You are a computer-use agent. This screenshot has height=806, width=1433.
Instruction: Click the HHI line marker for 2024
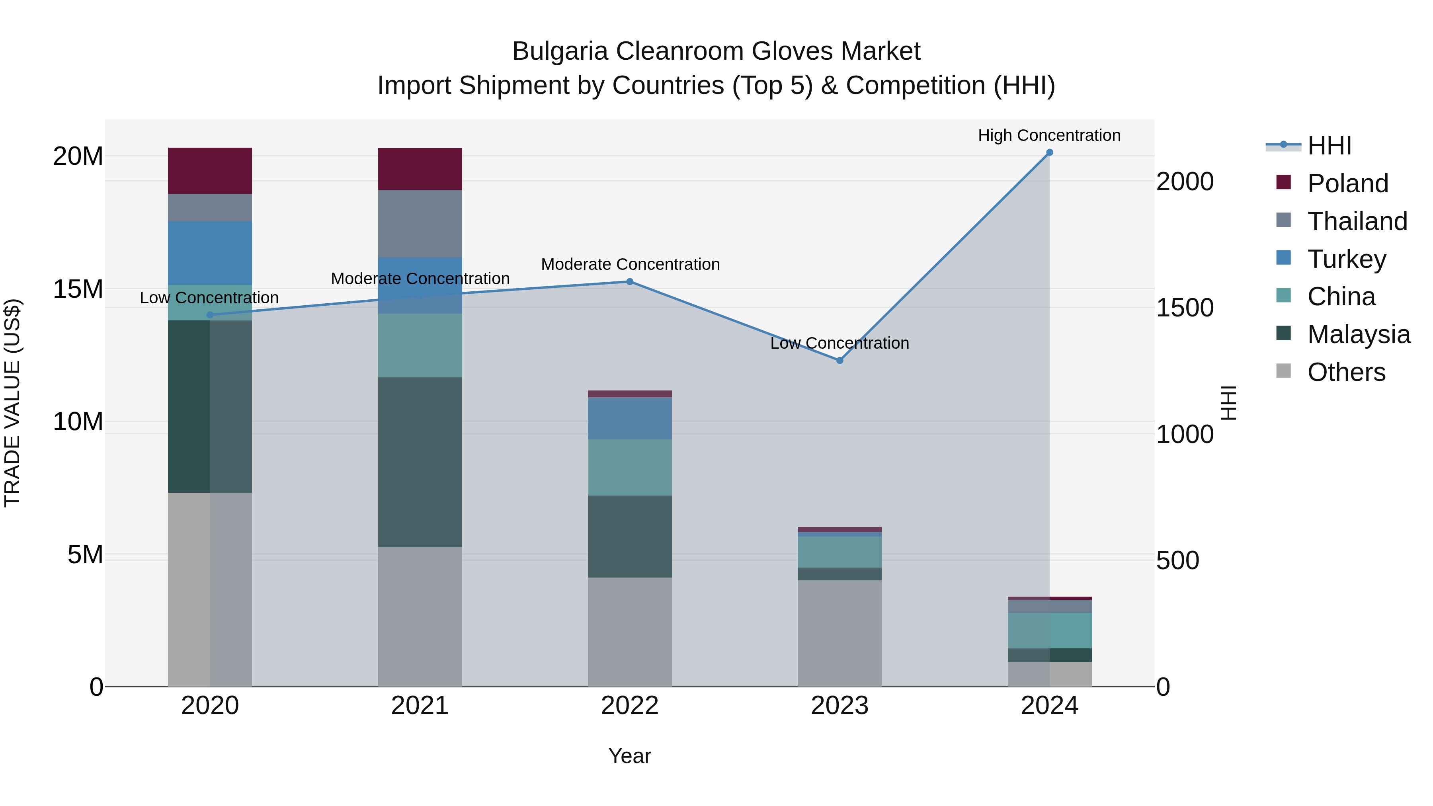1049,152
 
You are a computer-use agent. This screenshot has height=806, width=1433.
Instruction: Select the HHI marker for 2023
839,361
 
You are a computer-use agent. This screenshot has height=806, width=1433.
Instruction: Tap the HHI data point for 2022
630,281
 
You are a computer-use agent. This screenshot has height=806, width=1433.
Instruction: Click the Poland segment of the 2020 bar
210,171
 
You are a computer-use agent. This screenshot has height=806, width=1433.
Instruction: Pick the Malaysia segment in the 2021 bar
420,462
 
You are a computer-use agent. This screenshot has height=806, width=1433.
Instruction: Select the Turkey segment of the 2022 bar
630,418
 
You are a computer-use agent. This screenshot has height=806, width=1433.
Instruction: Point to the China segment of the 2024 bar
1049,630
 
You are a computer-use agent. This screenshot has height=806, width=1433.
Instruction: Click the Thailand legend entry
1357,221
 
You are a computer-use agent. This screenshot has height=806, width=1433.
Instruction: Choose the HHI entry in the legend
1329,146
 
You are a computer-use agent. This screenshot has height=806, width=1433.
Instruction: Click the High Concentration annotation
1049,135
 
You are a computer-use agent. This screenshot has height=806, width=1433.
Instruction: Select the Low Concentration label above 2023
839,343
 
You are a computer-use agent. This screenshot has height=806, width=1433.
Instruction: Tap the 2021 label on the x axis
420,706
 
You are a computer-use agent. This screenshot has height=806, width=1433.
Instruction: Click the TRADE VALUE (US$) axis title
12,403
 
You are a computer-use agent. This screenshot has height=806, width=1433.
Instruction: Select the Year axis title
630,756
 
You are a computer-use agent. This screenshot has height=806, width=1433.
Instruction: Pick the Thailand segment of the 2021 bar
420,224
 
